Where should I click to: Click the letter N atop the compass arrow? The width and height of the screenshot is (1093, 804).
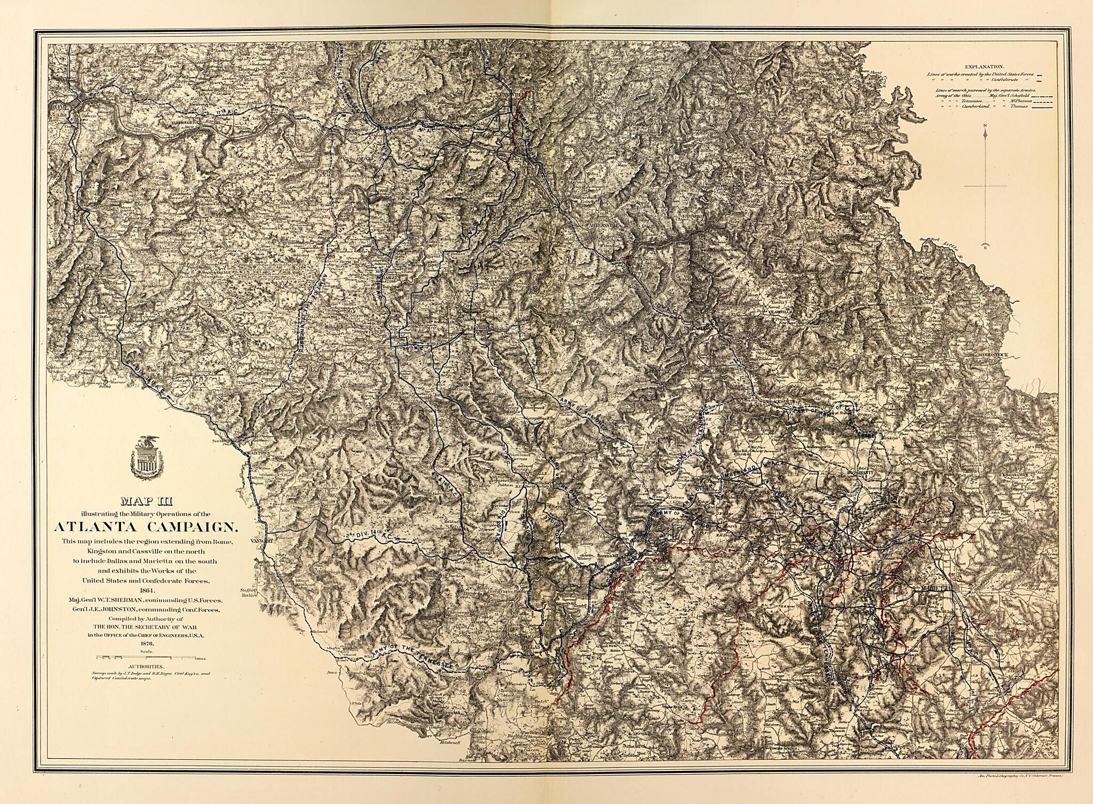(985, 126)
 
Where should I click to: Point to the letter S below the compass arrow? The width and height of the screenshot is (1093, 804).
(985, 247)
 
